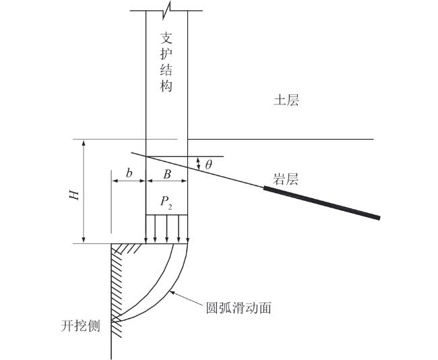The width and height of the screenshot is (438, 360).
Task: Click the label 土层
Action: click(286, 101)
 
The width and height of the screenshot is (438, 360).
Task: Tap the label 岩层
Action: click(285, 179)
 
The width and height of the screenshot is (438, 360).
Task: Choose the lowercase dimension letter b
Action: click(128, 174)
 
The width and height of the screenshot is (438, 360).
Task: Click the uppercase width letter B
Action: click(167, 174)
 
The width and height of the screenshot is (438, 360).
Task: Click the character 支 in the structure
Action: click(167, 38)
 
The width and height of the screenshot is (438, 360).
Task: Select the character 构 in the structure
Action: click(167, 86)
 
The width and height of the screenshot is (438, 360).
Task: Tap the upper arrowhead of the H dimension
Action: click(83, 143)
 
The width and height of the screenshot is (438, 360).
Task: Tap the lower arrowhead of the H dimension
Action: click(83, 239)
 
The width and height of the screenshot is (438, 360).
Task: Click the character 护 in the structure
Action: click(167, 54)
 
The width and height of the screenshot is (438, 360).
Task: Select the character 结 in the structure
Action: click(167, 70)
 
